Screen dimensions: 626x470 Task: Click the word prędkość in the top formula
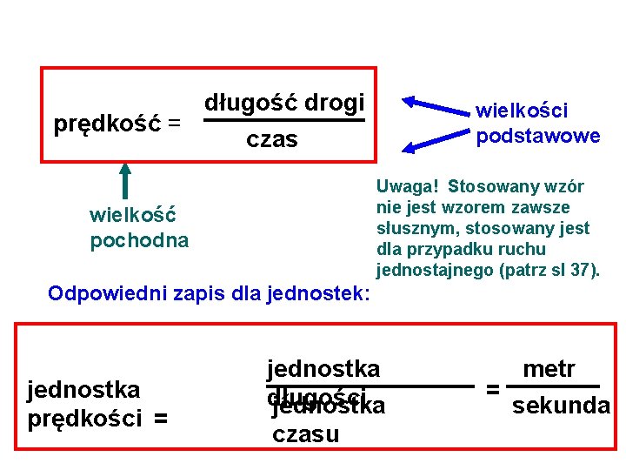(108, 124)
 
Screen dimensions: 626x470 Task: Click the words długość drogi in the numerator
(283, 103)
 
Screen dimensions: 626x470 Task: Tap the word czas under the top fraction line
(272, 139)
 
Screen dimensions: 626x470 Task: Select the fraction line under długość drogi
(283, 121)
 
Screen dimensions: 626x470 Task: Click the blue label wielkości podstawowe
(537, 123)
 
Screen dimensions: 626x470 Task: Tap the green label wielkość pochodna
(139, 227)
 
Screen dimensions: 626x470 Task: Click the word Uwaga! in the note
(408, 187)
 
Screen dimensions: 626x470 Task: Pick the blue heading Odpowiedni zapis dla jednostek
(210, 292)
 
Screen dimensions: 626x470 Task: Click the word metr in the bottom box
(549, 369)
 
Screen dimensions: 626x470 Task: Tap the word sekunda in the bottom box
(561, 406)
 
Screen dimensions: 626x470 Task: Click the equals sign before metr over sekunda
(492, 389)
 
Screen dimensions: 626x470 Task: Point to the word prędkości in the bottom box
(84, 419)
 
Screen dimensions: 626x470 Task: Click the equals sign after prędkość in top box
(174, 124)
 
